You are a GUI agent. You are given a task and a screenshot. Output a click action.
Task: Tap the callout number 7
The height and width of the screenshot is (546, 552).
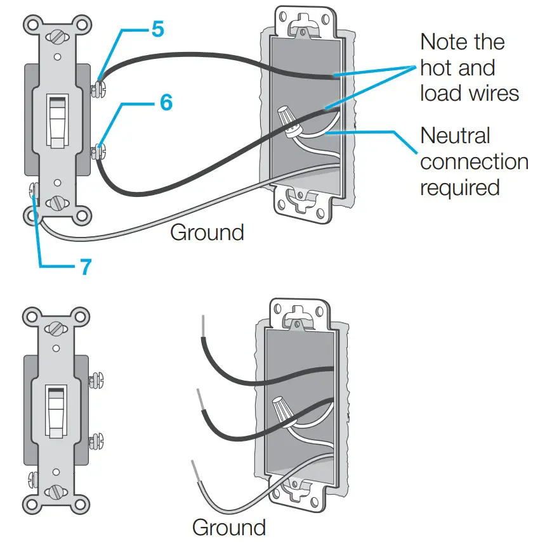[x=85, y=266]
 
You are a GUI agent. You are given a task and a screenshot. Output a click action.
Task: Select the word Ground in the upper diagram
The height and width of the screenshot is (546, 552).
[x=207, y=232]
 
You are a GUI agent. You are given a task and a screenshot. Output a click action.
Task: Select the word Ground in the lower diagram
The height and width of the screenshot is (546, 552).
[x=228, y=527]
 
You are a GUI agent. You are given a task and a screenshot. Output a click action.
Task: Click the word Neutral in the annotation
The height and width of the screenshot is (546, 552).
[x=455, y=136]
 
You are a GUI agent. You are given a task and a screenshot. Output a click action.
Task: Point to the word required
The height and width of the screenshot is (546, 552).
[x=459, y=187]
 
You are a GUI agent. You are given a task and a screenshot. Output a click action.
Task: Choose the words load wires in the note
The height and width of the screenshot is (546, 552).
[x=470, y=94]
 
